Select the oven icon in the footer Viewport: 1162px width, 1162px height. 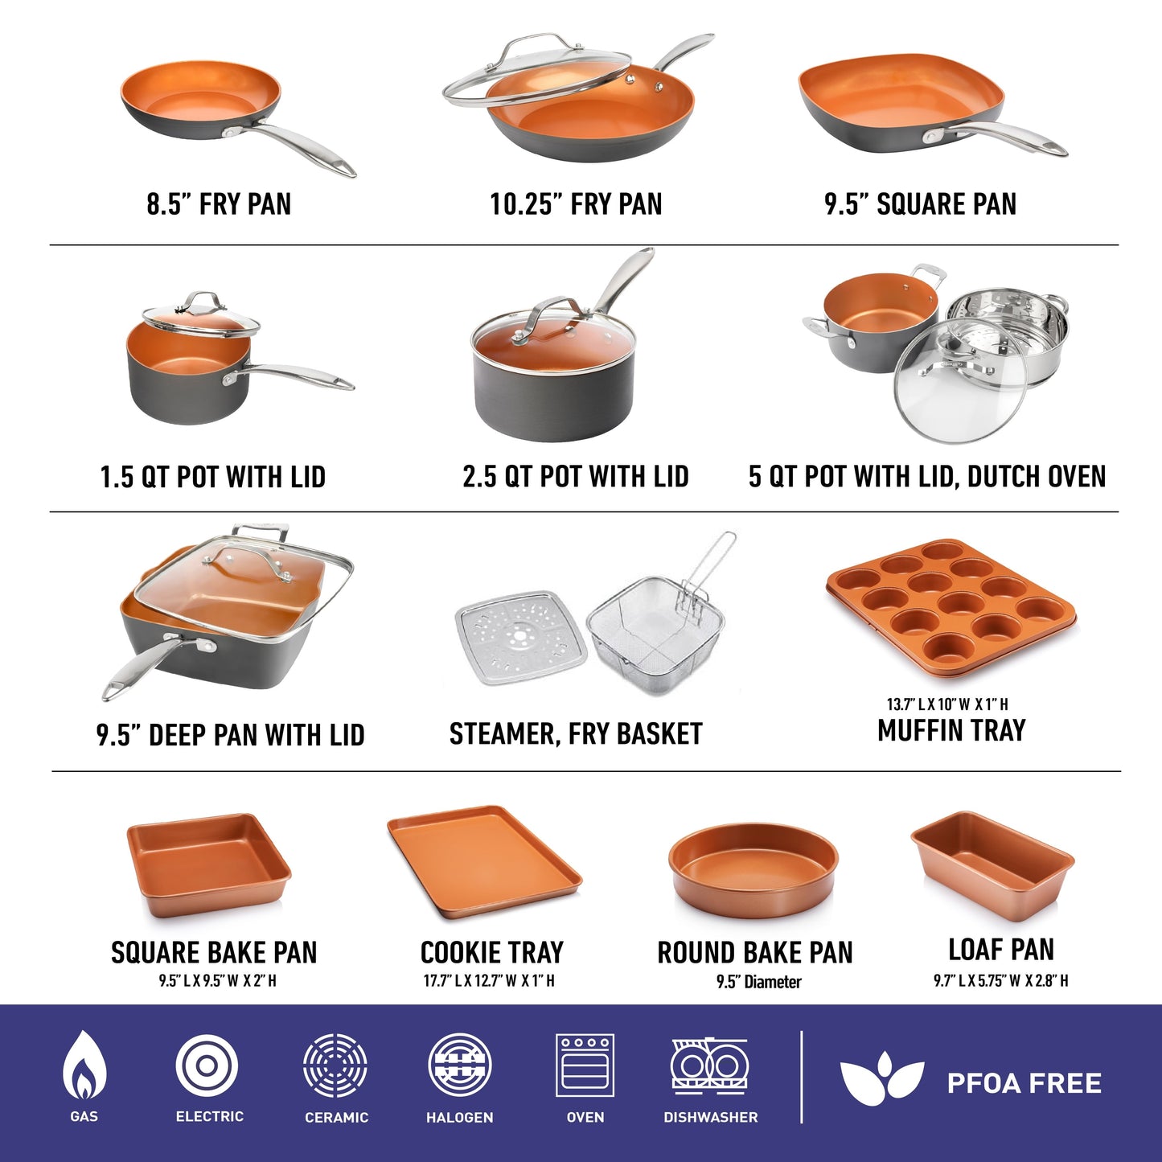pos(585,1065)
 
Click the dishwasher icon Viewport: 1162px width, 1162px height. pos(710,1066)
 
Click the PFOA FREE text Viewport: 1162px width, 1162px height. pos(1024,1083)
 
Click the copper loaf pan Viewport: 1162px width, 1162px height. pos(992,864)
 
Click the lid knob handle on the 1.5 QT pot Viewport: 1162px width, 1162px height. pos(201,302)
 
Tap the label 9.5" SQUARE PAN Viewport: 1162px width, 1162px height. pos(920,204)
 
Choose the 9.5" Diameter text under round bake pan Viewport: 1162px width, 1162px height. pos(758,982)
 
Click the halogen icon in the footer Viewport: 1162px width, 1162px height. pos(460,1066)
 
